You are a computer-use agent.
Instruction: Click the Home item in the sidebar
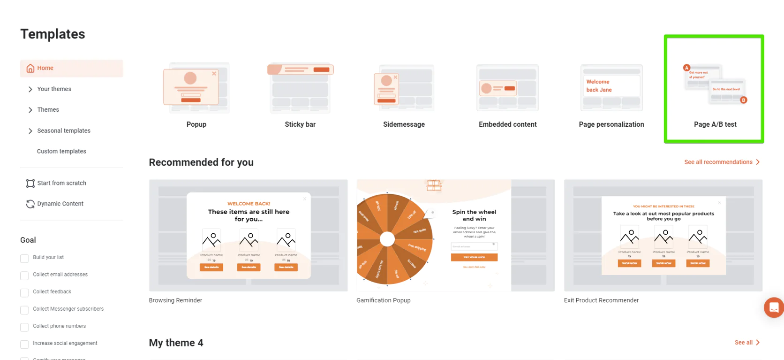pos(45,68)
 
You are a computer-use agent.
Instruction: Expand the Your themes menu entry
pos(54,89)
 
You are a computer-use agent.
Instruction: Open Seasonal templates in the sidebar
pos(63,131)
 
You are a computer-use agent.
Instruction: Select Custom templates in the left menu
pos(61,151)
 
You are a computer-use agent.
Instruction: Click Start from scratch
pos(61,183)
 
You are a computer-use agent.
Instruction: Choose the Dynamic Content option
pos(60,204)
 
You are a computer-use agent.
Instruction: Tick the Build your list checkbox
pos(24,258)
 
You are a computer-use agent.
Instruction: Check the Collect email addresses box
pos(24,276)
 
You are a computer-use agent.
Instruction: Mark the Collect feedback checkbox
pos(24,293)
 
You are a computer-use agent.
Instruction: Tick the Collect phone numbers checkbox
pos(24,327)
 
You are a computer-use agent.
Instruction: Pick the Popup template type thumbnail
pos(196,88)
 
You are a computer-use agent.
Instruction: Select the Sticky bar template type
pos(300,88)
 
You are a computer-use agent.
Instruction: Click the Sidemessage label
pos(404,124)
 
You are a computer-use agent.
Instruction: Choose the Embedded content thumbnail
pos(507,88)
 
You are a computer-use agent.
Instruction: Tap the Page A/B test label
pos(715,124)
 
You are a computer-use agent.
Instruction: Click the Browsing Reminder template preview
pos(248,235)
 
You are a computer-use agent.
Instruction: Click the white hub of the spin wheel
pos(387,239)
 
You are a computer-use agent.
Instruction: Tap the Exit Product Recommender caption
pos(601,300)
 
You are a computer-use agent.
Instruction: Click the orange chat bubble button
pos(774,307)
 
